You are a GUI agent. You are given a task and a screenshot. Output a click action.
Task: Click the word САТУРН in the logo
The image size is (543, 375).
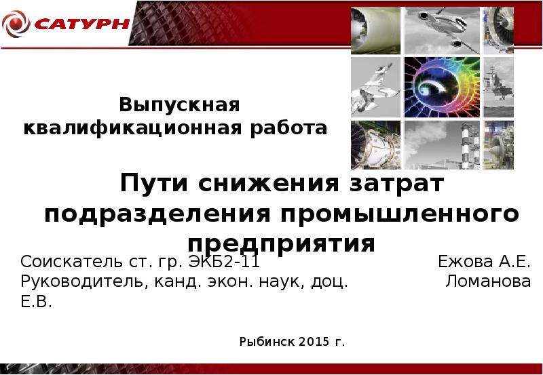coord(81,24)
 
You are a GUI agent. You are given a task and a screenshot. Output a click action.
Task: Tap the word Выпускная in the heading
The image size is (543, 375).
coord(181,105)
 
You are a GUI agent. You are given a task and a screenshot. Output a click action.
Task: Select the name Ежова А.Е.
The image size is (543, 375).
coord(484,262)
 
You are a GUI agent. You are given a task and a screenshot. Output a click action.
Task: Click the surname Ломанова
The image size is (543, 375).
coord(488,282)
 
